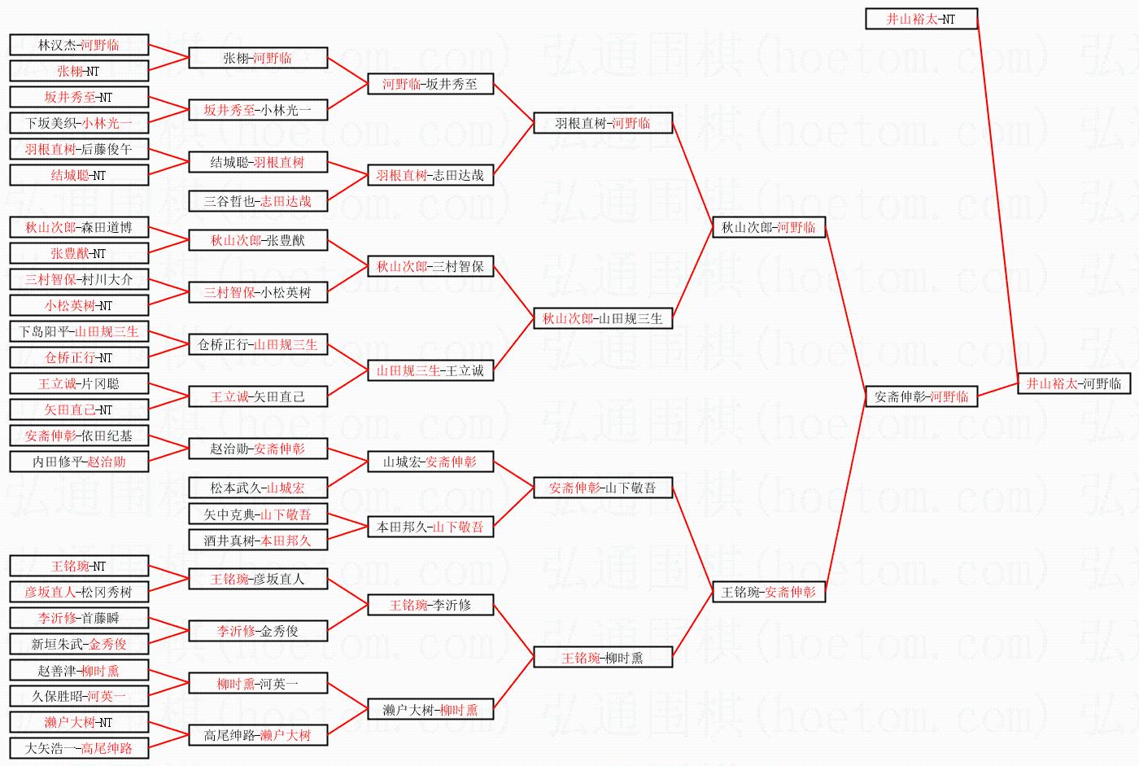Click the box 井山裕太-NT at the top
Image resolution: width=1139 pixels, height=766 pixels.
[x=921, y=19]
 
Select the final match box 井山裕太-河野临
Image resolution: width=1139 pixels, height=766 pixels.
[x=1074, y=383]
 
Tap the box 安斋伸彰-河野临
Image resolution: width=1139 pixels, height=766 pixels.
[x=921, y=396]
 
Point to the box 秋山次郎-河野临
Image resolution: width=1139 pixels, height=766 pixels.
[x=769, y=227]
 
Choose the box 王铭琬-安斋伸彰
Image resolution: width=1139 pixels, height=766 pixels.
[x=769, y=592]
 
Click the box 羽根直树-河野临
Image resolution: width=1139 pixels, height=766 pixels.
[x=603, y=123]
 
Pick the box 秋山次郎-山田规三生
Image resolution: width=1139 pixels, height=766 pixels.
[x=603, y=318]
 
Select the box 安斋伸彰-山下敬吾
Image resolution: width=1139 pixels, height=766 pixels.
[x=603, y=488]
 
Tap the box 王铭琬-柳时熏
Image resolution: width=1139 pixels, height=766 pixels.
[x=603, y=657]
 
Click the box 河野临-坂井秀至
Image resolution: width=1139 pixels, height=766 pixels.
[x=430, y=84]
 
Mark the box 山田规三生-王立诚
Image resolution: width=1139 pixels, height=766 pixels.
[x=430, y=370]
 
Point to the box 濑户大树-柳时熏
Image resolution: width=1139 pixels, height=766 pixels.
[x=430, y=709]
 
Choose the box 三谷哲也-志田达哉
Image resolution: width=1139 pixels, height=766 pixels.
[x=258, y=201]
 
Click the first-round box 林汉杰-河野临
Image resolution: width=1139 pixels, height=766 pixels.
[x=80, y=45]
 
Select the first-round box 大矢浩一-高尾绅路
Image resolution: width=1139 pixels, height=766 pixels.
[x=80, y=748]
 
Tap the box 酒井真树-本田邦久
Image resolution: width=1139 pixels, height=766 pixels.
[x=258, y=541]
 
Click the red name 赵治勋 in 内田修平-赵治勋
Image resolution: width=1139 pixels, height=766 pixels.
[x=107, y=462]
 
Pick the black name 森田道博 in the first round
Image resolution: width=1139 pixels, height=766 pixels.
[x=107, y=227]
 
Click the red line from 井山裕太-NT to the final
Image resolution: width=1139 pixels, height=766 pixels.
[x=997, y=201]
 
